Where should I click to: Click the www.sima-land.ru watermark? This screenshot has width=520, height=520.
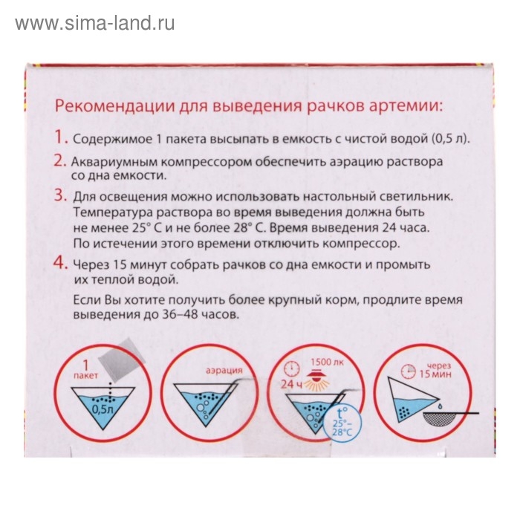point(95,23)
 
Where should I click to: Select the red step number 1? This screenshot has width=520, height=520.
point(60,139)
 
